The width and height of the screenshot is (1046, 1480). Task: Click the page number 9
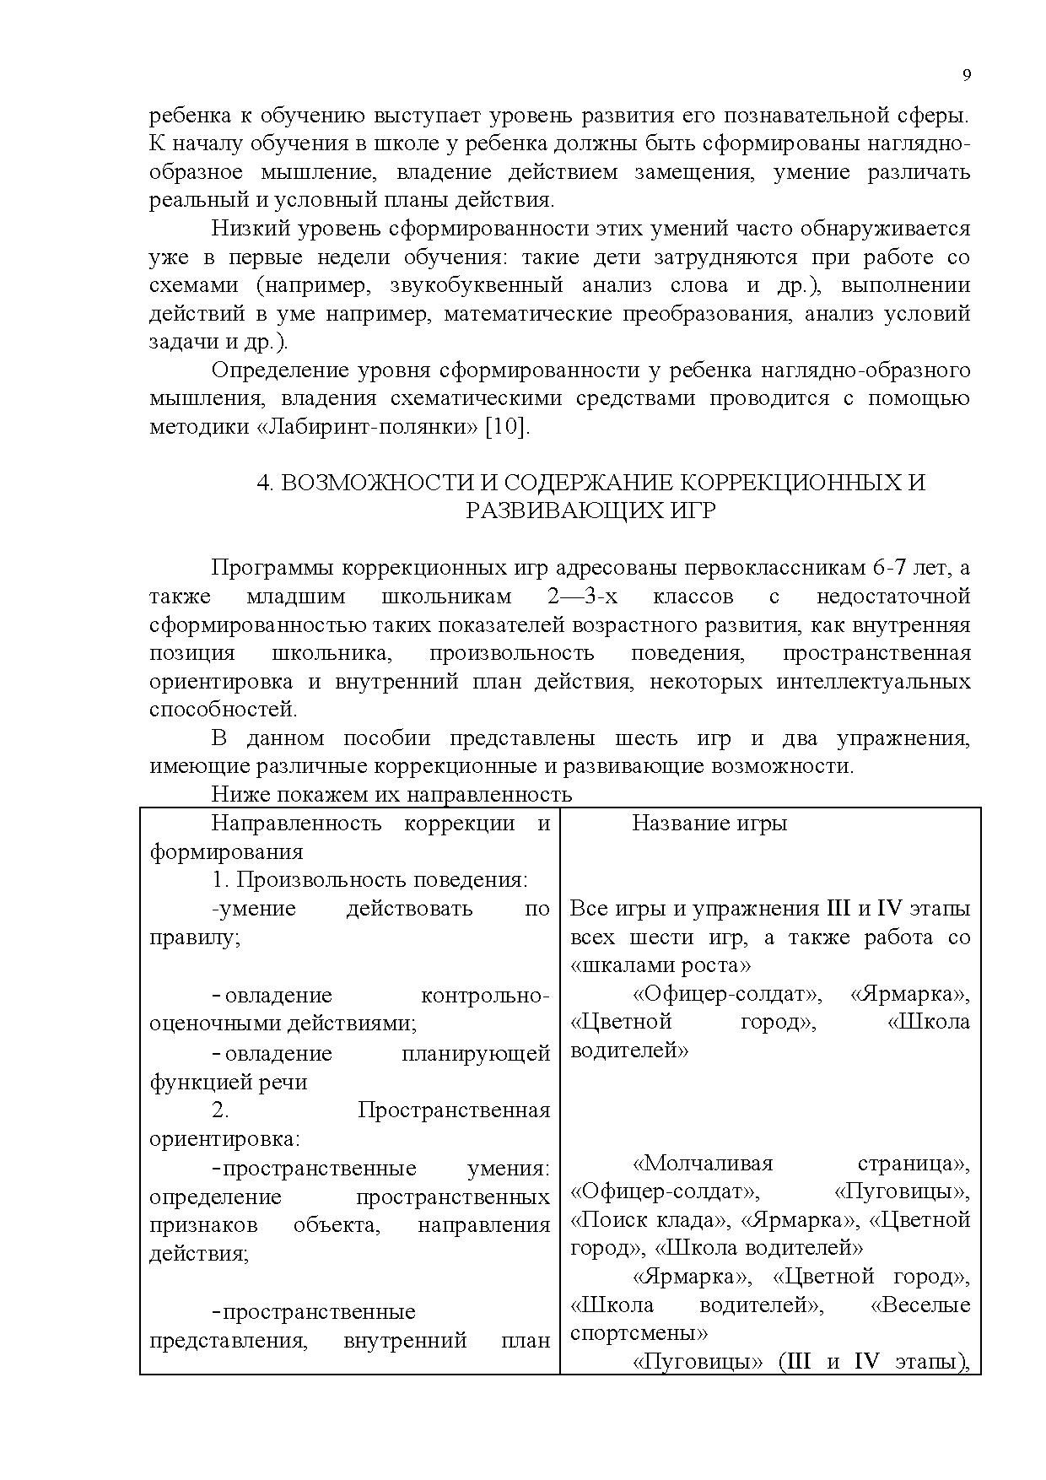(967, 75)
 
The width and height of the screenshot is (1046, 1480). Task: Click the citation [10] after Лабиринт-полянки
(507, 427)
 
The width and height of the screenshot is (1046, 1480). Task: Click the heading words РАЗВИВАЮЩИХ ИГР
(590, 511)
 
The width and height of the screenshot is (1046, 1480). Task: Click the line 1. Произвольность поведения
(369, 879)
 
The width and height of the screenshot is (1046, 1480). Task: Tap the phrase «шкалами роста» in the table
(660, 964)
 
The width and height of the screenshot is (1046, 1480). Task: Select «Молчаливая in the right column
(702, 1164)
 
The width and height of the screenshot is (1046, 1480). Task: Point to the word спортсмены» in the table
(639, 1333)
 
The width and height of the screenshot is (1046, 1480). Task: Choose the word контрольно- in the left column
(485, 996)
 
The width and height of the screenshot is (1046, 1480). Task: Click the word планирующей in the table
(477, 1053)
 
